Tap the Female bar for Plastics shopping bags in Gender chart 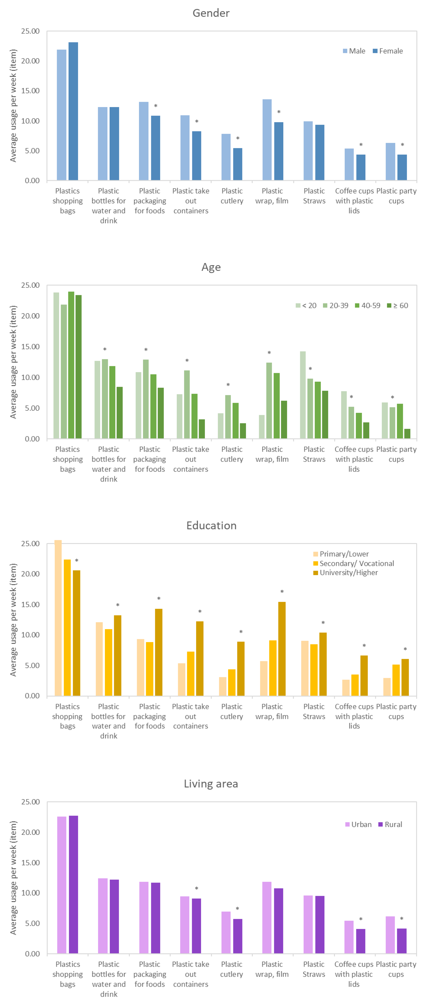(x=73, y=111)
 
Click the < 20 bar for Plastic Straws (x=303, y=395)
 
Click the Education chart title (x=211, y=525)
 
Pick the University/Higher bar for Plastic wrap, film (x=282, y=649)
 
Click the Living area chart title (x=211, y=784)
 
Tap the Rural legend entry (x=390, y=824)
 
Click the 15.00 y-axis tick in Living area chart (x=30, y=863)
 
